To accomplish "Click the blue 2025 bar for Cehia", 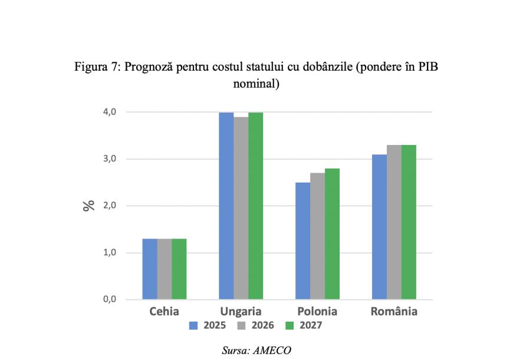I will click(150, 269).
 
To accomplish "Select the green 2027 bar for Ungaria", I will click(255, 206).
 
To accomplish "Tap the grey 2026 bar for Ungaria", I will click(241, 209).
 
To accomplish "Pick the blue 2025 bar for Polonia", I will click(302, 241).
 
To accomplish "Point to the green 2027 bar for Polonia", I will click(332, 234).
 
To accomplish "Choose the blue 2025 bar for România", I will click(379, 227).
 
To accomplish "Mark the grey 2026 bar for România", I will click(394, 222).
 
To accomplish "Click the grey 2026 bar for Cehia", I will click(165, 269).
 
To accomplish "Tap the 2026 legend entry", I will click(258, 325).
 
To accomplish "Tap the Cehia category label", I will click(164, 311).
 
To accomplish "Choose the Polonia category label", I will click(317, 311).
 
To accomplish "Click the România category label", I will click(394, 311).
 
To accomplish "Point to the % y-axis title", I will click(89, 206).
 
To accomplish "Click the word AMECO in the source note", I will click(272, 350).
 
